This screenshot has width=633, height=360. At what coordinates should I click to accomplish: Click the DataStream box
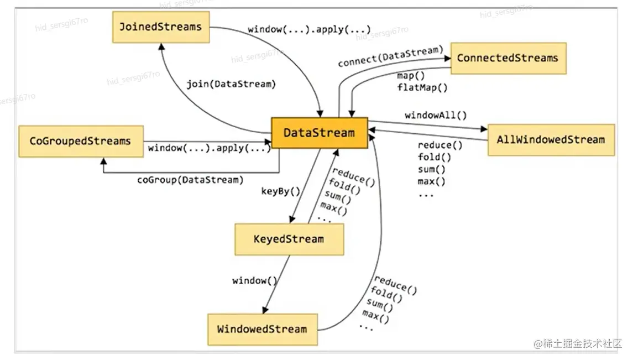tap(320, 133)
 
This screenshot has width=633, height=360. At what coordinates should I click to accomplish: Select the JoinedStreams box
tap(161, 27)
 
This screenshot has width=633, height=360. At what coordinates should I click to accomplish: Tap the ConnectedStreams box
tap(508, 58)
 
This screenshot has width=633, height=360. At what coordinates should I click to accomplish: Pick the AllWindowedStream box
tap(551, 140)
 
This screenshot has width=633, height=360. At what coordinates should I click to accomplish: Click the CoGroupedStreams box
tap(81, 141)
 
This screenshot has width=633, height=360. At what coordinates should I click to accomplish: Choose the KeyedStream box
tap(289, 239)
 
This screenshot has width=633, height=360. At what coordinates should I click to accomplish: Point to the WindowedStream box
tap(263, 330)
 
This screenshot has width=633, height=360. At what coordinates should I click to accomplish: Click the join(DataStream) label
tap(231, 84)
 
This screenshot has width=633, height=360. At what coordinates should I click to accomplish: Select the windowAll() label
tap(436, 116)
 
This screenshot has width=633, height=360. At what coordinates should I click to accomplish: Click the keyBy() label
tap(281, 191)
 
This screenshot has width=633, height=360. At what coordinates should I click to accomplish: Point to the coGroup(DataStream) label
tap(190, 180)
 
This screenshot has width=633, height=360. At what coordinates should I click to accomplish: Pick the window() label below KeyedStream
tap(255, 280)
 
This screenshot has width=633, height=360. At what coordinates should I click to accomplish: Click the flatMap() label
tap(422, 87)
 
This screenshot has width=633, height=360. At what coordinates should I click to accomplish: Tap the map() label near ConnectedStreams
tap(411, 76)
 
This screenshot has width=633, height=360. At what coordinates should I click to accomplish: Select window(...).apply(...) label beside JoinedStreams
tap(309, 29)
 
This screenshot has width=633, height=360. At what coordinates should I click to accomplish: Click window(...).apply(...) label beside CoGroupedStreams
tap(209, 148)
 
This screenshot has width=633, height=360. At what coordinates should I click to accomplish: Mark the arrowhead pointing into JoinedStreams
tap(161, 46)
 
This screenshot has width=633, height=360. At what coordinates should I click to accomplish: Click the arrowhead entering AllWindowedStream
tap(484, 129)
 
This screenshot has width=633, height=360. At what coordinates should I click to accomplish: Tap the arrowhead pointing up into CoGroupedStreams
tap(104, 161)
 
